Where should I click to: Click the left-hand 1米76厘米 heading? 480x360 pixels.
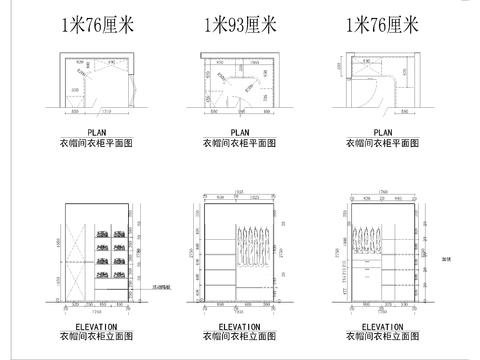[x=97, y=24]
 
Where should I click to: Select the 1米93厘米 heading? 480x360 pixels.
[x=239, y=24]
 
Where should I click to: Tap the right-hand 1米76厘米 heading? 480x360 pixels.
[x=381, y=24]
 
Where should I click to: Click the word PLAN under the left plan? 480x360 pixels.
[x=97, y=131]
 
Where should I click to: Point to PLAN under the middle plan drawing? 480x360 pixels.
[x=240, y=131]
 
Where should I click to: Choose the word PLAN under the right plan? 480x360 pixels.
[x=381, y=131]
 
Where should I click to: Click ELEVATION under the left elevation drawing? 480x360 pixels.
[x=97, y=326]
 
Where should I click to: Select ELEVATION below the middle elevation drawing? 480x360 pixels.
[x=239, y=326]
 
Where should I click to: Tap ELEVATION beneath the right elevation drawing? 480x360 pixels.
[x=381, y=326]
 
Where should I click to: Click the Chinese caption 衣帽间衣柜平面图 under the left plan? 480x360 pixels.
[x=97, y=142]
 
